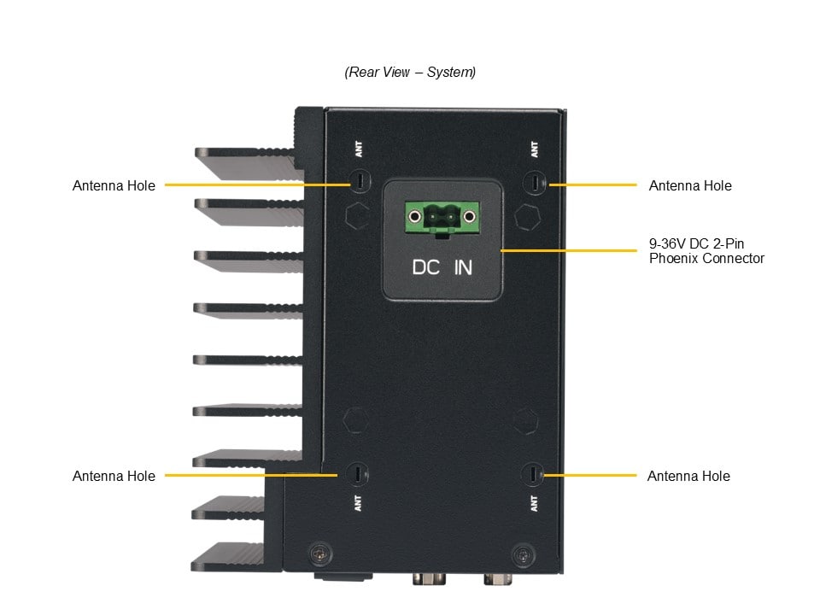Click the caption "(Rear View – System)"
[x=410, y=73]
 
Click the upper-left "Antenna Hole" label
[x=114, y=185]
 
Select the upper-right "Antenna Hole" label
[x=690, y=185]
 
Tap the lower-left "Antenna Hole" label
[x=114, y=476]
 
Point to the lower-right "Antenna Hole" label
[x=688, y=476]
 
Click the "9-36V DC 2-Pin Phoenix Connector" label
[x=706, y=250]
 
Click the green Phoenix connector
[x=442, y=218]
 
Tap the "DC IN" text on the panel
[x=442, y=267]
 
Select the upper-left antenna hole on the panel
[x=360, y=182]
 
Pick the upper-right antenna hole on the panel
[x=535, y=183]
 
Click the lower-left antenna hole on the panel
[x=358, y=473]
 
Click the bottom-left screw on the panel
[x=319, y=553]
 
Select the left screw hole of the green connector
[x=416, y=216]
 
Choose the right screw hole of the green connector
[x=468, y=216]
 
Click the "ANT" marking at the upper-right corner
[x=535, y=150]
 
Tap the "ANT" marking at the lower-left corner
[x=358, y=503]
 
